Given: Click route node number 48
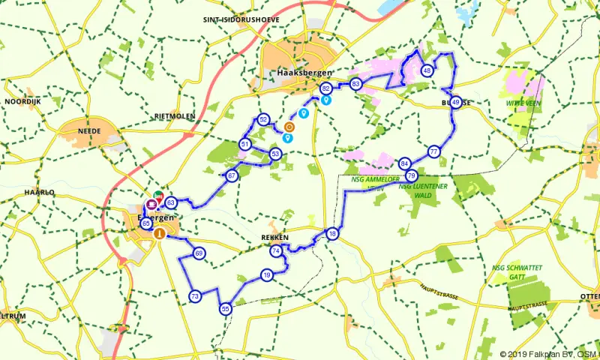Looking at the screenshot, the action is click(x=427, y=70).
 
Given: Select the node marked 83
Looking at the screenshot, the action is click(x=356, y=83).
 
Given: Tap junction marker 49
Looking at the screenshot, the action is click(x=456, y=103).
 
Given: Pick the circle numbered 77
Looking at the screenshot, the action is click(x=434, y=151).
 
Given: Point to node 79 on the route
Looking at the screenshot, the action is click(x=411, y=175).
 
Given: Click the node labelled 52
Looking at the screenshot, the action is click(x=263, y=119).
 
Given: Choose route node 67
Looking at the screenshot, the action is click(x=232, y=175).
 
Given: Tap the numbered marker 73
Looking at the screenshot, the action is click(x=195, y=296).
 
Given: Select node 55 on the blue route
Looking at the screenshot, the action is click(x=226, y=308).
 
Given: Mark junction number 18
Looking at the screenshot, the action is click(x=332, y=235).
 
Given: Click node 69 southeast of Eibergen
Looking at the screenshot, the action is click(x=199, y=253).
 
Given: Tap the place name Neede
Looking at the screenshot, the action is click(x=88, y=130).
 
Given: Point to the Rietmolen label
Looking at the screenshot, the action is click(x=174, y=116).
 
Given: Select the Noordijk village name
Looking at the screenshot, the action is click(x=22, y=100).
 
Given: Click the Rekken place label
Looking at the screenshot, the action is click(x=274, y=238).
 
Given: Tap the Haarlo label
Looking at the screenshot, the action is click(x=40, y=193).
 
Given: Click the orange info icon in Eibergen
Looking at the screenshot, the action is click(x=159, y=233).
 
